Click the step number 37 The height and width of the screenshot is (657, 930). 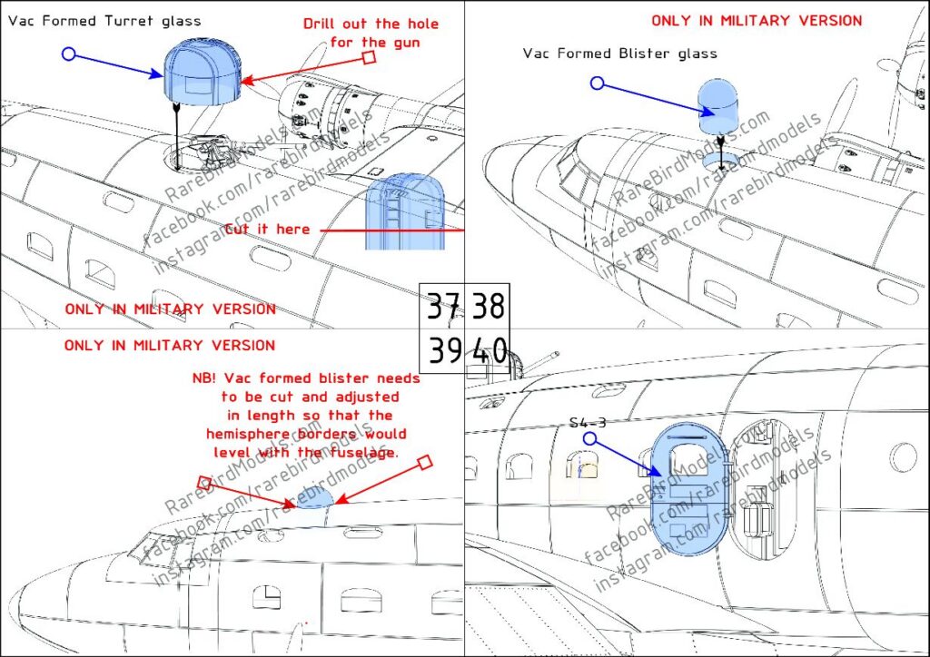pos(442,308)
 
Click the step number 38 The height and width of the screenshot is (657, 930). pos(488,308)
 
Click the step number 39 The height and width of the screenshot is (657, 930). pos(442,351)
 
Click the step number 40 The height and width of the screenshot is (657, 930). pos(489,351)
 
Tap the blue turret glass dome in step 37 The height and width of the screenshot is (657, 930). pos(202,72)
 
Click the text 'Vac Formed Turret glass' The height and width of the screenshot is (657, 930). pos(105,20)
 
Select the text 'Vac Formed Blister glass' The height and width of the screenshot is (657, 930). pos(619,54)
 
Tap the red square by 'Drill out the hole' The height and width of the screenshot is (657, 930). pos(369,58)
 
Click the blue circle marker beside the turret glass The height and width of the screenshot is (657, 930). pos(68,54)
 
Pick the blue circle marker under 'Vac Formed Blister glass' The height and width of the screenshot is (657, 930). pos(597,83)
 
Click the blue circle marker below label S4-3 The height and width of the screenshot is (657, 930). pos(589,438)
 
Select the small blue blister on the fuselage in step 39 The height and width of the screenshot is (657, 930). pos(315,498)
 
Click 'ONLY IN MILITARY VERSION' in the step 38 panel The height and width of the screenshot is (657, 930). pos(757,20)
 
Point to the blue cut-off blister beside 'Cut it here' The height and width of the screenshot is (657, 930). pos(405,213)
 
